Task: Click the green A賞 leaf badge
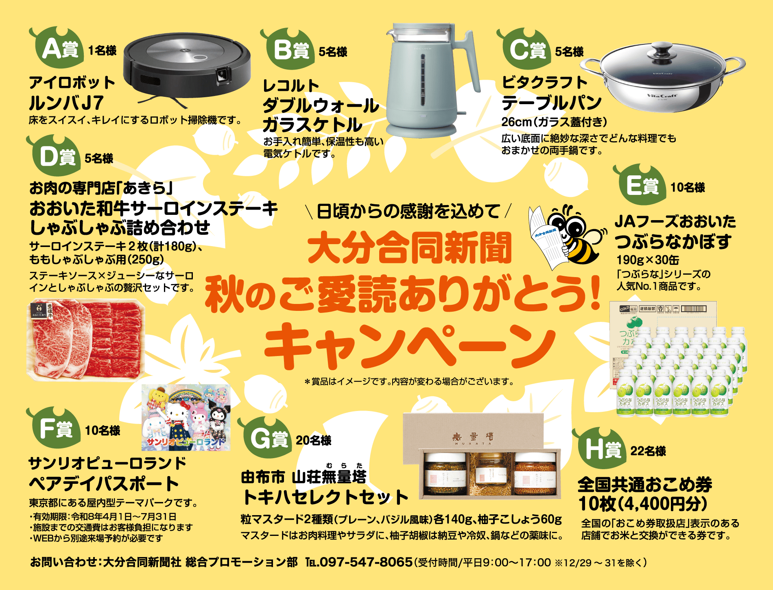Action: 57,49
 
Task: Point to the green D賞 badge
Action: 55,157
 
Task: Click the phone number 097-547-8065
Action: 366,562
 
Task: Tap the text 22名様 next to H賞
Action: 648,451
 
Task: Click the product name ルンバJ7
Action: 66,103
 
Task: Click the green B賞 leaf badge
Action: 289,50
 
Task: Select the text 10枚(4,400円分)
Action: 643,504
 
